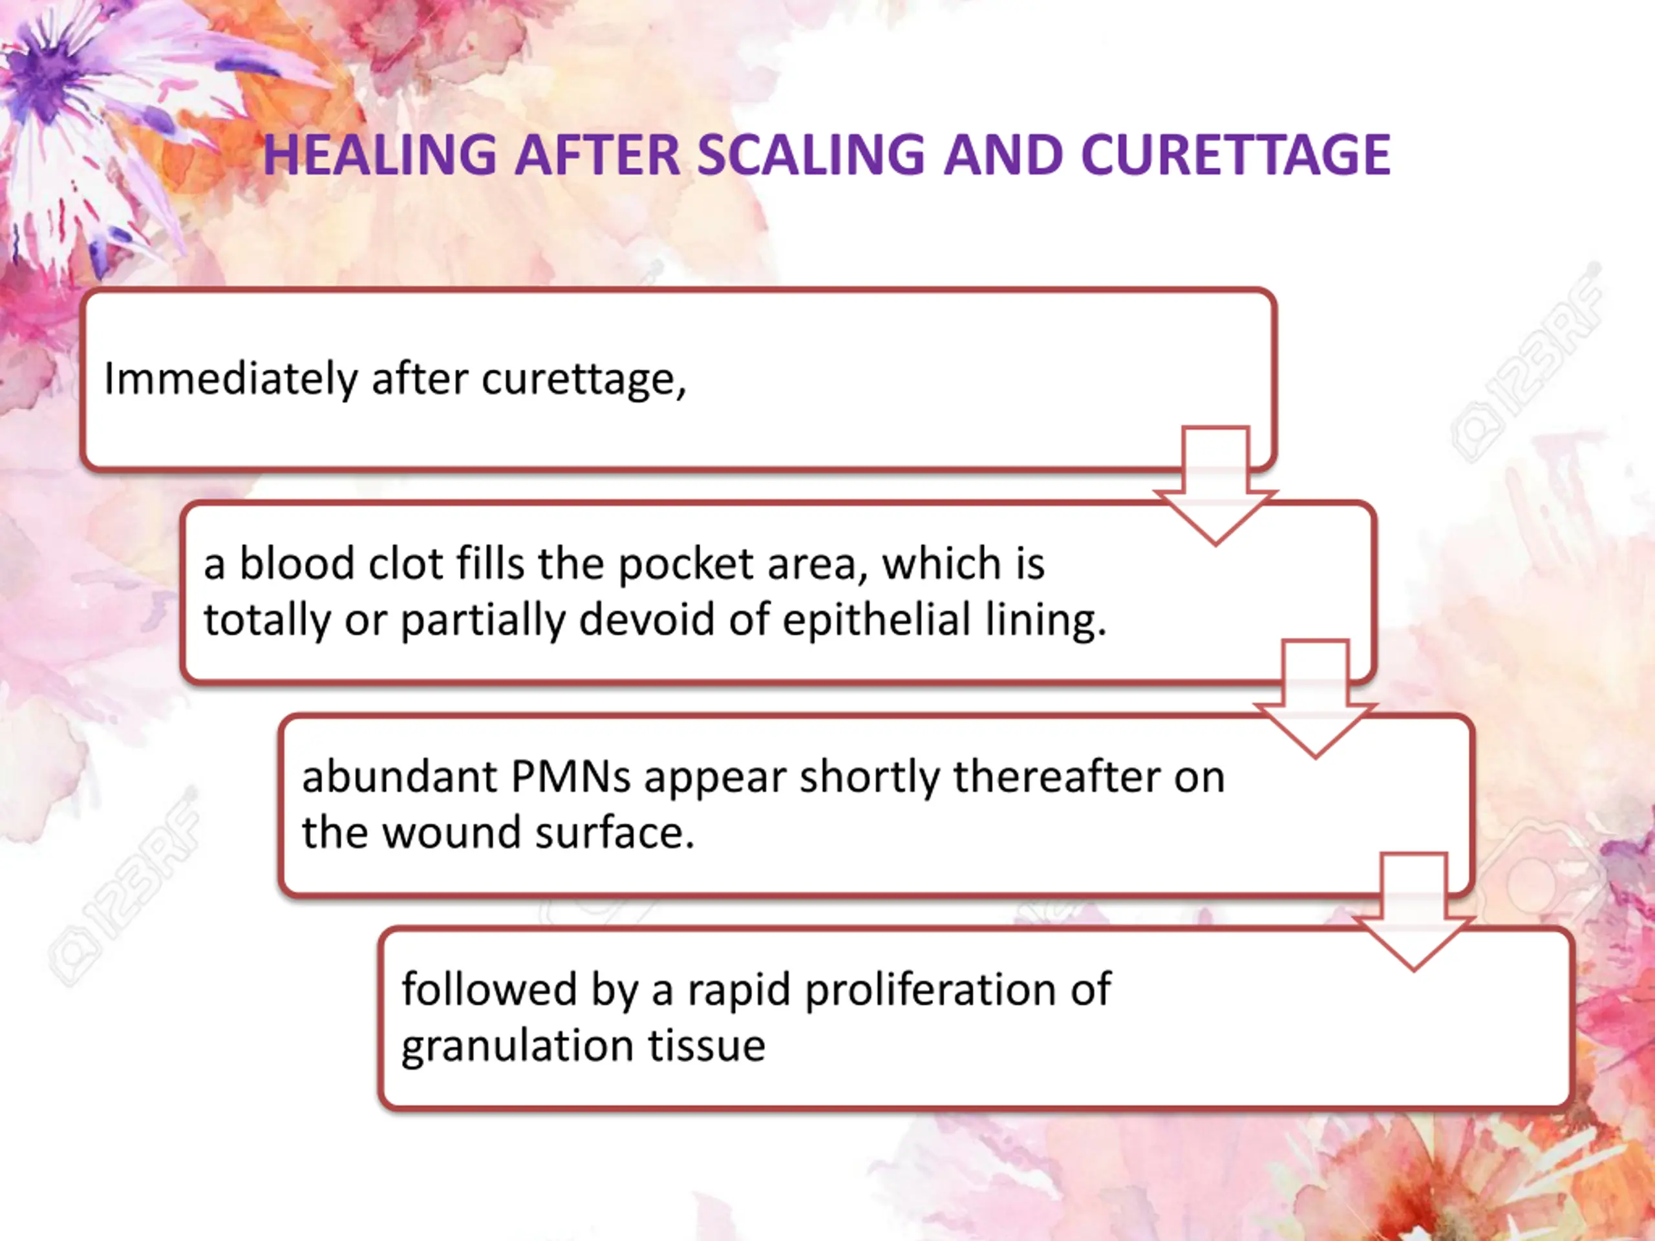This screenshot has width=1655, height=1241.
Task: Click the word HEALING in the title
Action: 379,155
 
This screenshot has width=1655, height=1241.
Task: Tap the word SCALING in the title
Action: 811,155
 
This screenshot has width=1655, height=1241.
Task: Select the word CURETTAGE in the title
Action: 1235,155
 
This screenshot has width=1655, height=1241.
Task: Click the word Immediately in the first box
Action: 230,379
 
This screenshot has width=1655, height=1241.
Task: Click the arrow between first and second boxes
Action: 1215,486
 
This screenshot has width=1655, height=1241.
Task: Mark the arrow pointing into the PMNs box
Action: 1314,699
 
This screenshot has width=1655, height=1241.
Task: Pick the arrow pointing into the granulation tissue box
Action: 1413,913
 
